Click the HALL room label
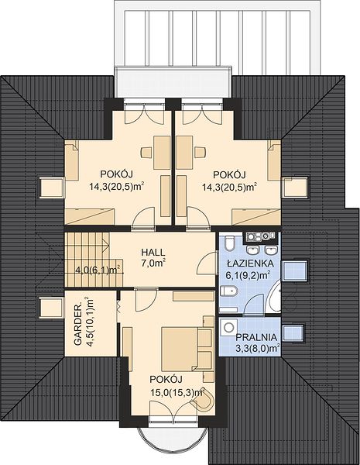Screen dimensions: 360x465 click(153, 253)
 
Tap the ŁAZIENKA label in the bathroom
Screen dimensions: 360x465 click(250, 263)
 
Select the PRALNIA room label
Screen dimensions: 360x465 click(256, 337)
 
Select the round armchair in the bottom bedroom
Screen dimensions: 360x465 click(204, 401)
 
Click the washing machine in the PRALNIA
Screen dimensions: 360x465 click(228, 327)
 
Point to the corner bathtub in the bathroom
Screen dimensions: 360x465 click(274, 297)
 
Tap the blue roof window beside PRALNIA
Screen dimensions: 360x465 click(293, 332)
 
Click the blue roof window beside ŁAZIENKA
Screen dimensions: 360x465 click(296, 270)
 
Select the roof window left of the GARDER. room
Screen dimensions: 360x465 click(51, 308)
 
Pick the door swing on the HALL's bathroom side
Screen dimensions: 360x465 click(207, 263)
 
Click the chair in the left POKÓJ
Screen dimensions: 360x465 click(146, 152)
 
